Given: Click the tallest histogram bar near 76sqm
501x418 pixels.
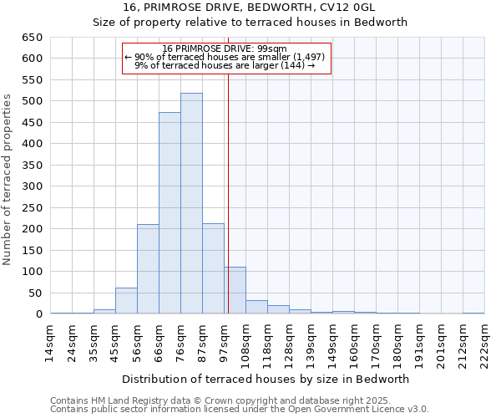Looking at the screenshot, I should (191, 204).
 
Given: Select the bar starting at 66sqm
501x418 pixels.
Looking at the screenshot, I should (170, 213).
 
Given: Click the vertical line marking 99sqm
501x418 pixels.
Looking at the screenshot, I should (228, 192).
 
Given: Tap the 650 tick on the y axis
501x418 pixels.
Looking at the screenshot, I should (32, 38).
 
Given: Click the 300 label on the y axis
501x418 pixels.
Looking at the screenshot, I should (32, 186).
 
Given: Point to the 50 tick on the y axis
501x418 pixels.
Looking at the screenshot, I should (35, 293).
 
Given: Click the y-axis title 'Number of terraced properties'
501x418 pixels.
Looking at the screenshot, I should (8, 179).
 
